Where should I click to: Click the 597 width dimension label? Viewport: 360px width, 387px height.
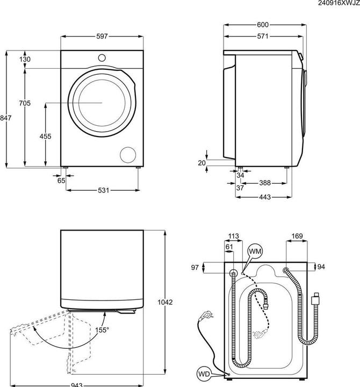coord(102,37)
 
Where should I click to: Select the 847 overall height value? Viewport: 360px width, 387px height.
coord(6,118)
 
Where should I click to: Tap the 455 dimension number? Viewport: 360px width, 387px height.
coord(45,136)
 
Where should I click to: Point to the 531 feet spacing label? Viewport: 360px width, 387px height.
coord(103,190)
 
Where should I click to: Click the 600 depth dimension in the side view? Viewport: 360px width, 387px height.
coord(263,25)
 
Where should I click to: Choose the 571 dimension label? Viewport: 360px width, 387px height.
coord(263,37)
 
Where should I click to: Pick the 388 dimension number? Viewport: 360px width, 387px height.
coord(265,183)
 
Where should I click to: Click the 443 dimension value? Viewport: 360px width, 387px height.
coord(265,197)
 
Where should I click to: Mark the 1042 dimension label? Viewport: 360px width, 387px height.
coord(165,302)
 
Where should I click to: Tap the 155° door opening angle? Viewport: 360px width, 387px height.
coord(102,329)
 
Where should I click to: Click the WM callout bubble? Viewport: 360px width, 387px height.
coord(255,252)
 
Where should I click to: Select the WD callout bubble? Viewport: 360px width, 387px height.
coord(204,374)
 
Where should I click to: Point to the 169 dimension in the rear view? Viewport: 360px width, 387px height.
coord(297,236)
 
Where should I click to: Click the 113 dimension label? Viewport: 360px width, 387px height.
coord(233,236)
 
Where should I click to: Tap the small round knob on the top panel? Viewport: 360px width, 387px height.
coord(102,58)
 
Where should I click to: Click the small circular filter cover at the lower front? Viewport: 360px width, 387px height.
coord(128,155)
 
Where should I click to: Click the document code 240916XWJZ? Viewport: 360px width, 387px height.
coord(339,3)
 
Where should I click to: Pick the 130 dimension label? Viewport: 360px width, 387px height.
coord(25,59)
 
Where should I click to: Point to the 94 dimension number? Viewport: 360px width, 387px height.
coord(321,267)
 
